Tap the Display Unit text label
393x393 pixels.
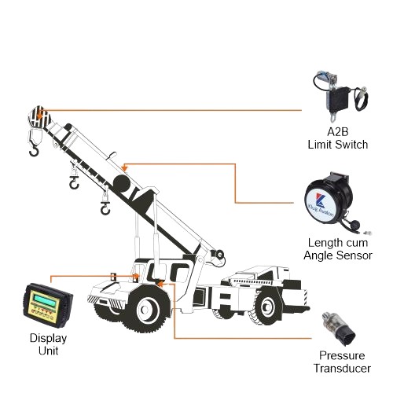pos(50,343)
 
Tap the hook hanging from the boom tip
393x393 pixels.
pos(33,145)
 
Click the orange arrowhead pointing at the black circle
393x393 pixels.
pos(126,164)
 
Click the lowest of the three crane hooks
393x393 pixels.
pos(105,208)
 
